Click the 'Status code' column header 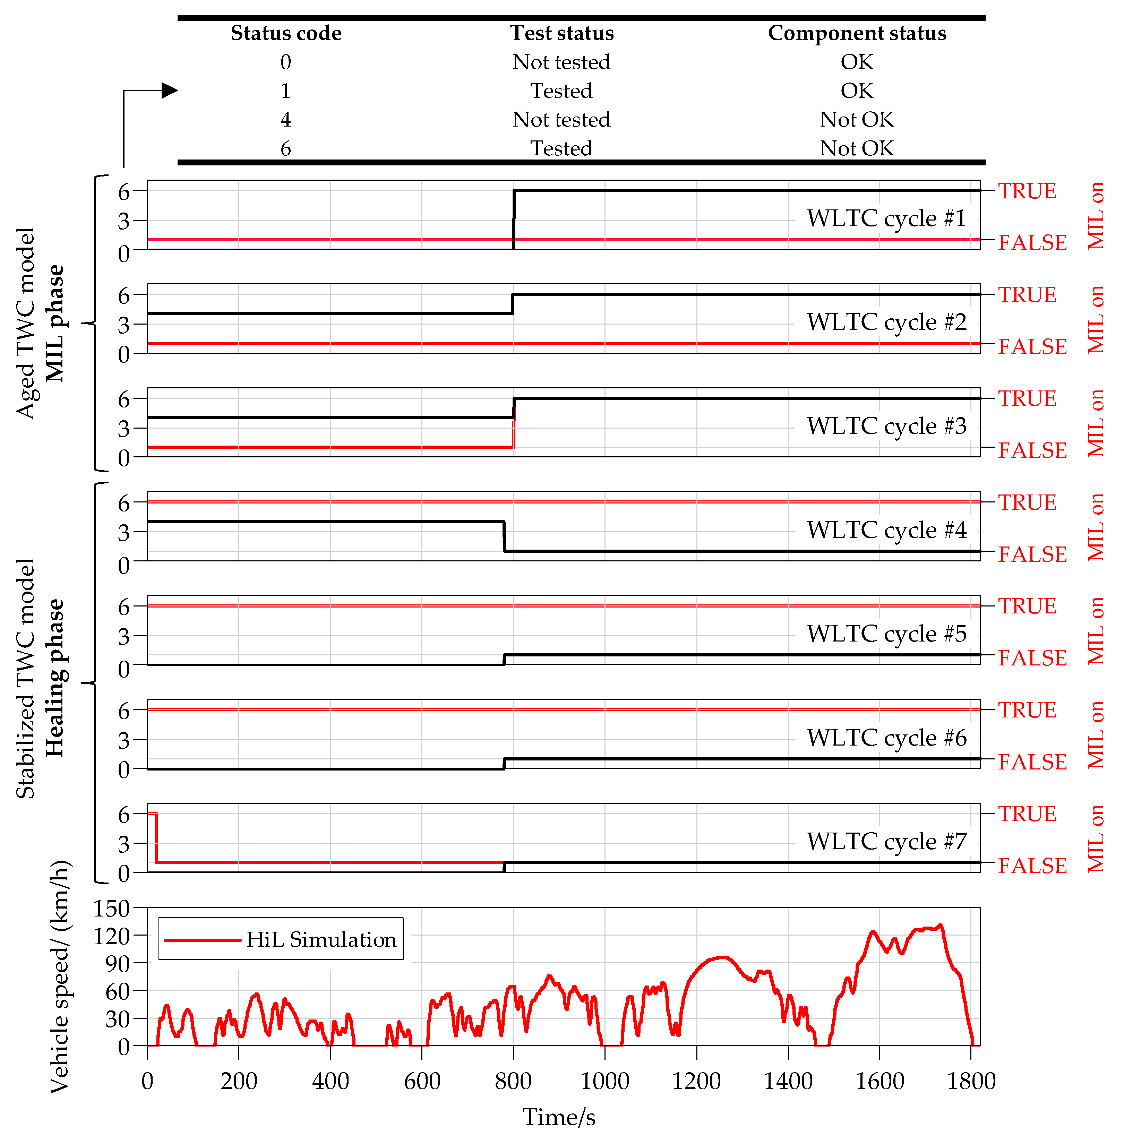(286, 33)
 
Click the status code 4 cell (286, 119)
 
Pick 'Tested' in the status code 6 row (561, 148)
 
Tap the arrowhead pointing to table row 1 (169, 91)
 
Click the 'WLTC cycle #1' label (886, 218)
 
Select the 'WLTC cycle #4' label (886, 530)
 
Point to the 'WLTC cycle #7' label (886, 841)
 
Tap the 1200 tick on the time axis (696, 1081)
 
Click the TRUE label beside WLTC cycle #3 (1027, 399)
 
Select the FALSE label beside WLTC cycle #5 (1032, 658)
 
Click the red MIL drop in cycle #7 (156, 838)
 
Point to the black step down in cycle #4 (504, 536)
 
